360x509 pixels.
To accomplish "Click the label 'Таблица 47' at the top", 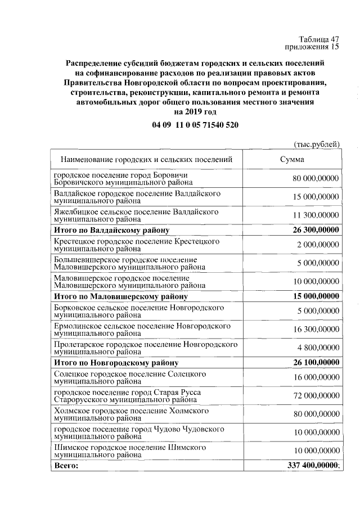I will pos(319,39).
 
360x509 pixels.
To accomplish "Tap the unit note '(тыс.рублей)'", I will pos(317,145).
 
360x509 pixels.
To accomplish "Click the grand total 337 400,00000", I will pos(311,466).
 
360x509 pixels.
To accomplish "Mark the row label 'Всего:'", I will pos(66,466).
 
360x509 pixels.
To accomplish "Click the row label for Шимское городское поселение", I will pos(129,451).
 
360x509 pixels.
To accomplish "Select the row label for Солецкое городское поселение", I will pos(129,377).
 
